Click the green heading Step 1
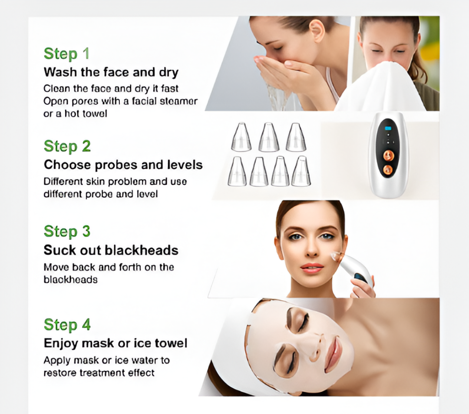coord(66,54)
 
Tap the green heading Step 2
coord(67,146)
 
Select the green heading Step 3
coord(67,231)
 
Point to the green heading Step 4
coord(67,325)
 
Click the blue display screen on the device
coord(388,128)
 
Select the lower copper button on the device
coord(388,169)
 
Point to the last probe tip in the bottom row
coord(301,172)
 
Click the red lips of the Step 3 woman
coord(312,268)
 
